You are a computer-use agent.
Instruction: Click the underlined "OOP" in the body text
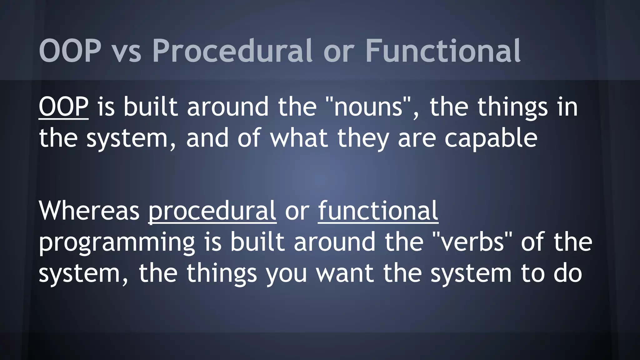pyautogui.click(x=63, y=107)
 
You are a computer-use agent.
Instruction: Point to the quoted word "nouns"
pyautogui.click(x=368, y=107)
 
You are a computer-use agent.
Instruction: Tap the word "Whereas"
pyautogui.click(x=89, y=211)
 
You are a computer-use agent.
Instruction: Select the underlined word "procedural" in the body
pyautogui.click(x=212, y=211)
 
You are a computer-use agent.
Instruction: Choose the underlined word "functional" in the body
pyautogui.click(x=378, y=211)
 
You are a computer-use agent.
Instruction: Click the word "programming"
pyautogui.click(x=117, y=242)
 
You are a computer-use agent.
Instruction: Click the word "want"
pyautogui.click(x=345, y=273)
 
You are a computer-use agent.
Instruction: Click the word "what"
pyautogui.click(x=299, y=138)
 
